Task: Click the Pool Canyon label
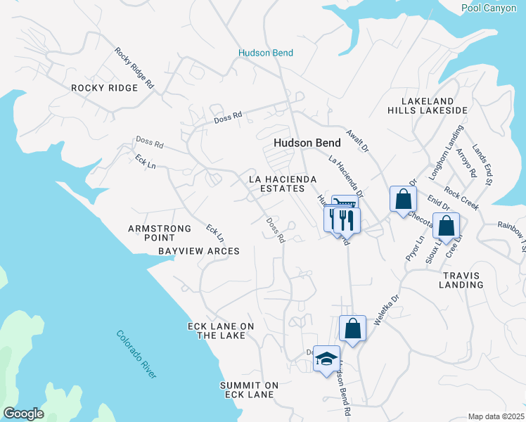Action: point(492,8)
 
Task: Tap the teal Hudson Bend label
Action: point(265,53)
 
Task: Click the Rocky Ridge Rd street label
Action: point(134,68)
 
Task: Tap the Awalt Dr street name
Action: point(357,140)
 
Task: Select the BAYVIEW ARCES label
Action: point(199,251)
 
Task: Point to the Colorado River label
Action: point(136,355)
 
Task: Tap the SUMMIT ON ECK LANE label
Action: point(249,390)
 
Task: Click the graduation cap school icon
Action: point(326,359)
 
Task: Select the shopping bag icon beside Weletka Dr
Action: point(352,328)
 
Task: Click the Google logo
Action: point(23,414)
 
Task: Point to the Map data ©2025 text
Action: point(495,416)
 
